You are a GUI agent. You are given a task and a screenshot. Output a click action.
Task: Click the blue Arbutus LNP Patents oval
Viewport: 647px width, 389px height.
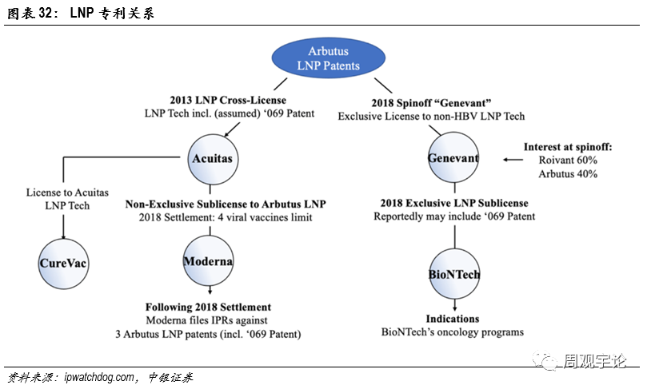[x=328, y=58]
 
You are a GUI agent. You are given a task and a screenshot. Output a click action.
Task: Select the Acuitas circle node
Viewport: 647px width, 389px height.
[x=212, y=158]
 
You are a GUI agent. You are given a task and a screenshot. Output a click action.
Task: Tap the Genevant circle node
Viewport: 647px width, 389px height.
[x=453, y=158]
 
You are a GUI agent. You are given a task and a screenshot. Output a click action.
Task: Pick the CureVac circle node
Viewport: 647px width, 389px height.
[x=63, y=263]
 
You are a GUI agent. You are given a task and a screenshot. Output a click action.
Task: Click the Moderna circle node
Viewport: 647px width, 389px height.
[x=208, y=261]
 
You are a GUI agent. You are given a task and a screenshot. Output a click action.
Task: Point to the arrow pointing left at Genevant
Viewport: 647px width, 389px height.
[x=511, y=158]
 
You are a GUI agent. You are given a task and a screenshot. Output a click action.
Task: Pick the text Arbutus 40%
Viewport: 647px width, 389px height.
[x=569, y=173]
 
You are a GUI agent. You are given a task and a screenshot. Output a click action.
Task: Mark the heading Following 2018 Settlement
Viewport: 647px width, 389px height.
[x=208, y=307]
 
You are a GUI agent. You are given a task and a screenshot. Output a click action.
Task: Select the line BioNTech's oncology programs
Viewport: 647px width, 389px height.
[x=453, y=332]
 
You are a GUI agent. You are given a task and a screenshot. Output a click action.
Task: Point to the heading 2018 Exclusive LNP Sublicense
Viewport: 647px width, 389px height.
[x=453, y=203]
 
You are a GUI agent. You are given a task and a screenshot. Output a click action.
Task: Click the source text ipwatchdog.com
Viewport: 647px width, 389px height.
[x=99, y=377]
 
